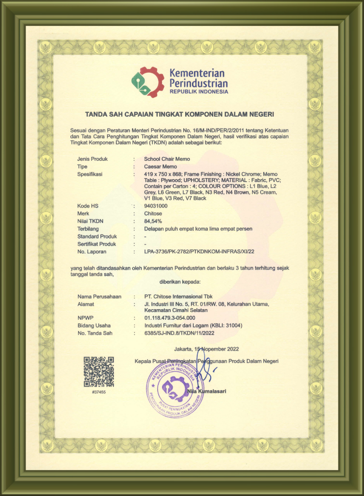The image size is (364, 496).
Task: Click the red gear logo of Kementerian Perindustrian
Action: [x=148, y=82]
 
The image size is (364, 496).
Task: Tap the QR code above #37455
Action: [x=98, y=371]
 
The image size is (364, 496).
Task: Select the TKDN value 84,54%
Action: [x=154, y=221]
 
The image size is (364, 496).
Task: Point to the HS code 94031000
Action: [x=156, y=206]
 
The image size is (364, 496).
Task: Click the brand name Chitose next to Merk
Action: [x=153, y=213]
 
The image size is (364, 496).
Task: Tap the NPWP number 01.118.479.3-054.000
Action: [x=170, y=318]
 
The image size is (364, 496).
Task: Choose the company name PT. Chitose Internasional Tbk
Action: [x=178, y=296]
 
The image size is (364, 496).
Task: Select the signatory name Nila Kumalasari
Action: [x=206, y=391]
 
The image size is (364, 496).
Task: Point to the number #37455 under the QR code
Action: [x=98, y=392]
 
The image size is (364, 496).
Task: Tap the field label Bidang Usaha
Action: [x=94, y=326]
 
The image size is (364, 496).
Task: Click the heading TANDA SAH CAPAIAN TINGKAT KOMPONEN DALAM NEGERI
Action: [x=179, y=114]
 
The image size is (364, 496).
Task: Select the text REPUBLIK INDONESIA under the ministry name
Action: [x=199, y=91]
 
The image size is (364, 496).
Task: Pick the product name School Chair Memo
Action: [x=167, y=158]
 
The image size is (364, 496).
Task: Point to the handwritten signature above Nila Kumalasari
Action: [x=204, y=373]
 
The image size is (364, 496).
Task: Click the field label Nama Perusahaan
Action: [x=99, y=296]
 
